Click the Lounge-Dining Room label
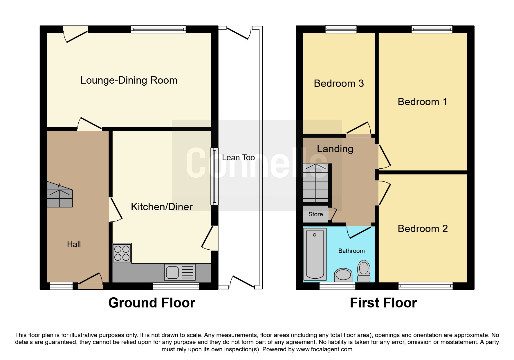pos(129,80)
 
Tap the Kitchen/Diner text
pos(162,207)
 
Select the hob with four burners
pos(122,253)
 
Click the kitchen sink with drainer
pos(180,272)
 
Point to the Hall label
pos(74,244)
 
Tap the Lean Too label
pos(238,158)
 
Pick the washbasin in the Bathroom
pos(343,275)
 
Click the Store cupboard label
pos(315,214)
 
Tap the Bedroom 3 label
pos(339,84)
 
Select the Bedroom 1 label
pos(422,102)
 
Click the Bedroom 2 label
pos(423,229)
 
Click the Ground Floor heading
pos(152,303)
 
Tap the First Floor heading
pos(383,303)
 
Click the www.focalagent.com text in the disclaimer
pos(324,349)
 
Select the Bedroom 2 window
pos(425,286)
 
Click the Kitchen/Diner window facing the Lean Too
pos(214,176)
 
